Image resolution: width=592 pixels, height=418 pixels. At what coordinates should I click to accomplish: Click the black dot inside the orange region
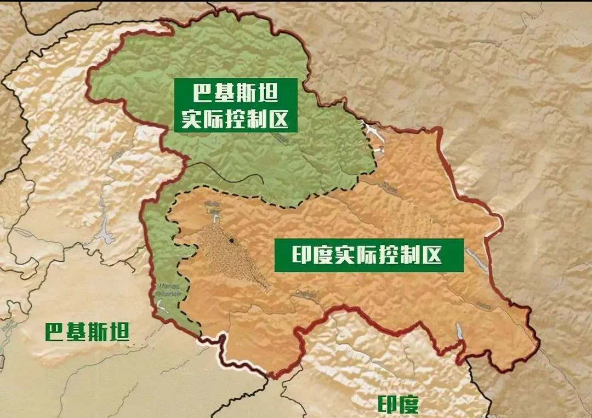pyautogui.click(x=232, y=241)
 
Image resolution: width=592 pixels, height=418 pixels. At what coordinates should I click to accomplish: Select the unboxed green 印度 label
pyautogui.click(x=399, y=404)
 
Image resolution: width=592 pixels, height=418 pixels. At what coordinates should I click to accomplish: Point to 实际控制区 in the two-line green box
pyautogui.click(x=236, y=119)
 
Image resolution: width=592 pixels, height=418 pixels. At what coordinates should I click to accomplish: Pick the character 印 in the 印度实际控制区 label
pyautogui.click(x=290, y=255)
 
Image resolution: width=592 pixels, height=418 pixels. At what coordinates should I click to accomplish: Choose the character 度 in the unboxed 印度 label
pyautogui.click(x=409, y=404)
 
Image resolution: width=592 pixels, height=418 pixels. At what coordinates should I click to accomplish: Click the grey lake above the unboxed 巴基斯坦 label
pyautogui.click(x=104, y=233)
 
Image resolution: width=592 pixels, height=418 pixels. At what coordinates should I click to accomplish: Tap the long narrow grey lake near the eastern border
pyautogui.click(x=476, y=260)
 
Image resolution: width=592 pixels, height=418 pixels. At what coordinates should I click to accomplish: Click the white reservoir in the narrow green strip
pyautogui.click(x=162, y=308)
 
